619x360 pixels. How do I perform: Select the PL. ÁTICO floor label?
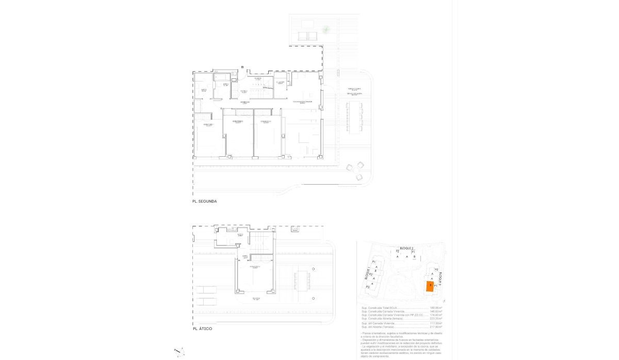coord(202,329)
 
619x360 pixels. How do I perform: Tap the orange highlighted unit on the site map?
coord(429,287)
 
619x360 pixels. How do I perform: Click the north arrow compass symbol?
coord(179,352)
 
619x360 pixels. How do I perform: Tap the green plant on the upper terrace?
coord(326,29)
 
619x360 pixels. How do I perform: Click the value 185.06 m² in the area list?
coord(431,308)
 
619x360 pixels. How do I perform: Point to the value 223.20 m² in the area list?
coord(431,318)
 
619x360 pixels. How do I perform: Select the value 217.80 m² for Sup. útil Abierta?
coord(431,327)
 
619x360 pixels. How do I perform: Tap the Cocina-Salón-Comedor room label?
coord(303,102)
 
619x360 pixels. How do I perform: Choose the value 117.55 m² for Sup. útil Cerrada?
coord(431,323)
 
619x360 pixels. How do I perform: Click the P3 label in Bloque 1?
coord(368,286)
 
